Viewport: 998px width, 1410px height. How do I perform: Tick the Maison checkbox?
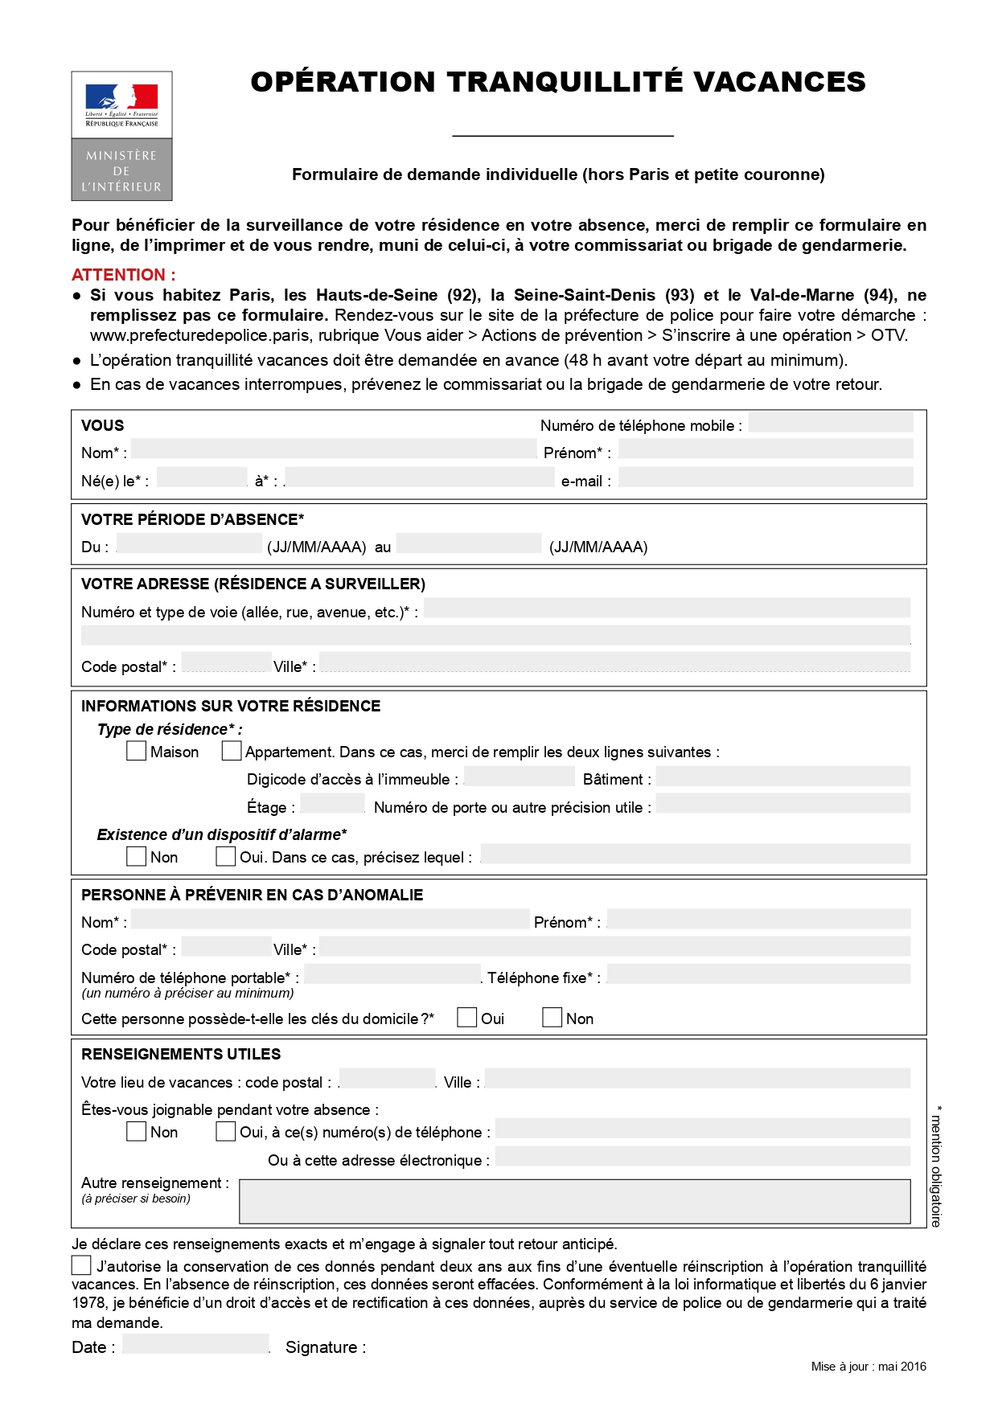point(137,751)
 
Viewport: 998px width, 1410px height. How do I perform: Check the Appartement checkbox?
point(232,751)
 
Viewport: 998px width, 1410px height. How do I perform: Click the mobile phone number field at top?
point(830,423)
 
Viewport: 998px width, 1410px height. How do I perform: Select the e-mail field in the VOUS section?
point(766,478)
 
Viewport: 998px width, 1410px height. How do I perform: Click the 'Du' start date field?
point(190,544)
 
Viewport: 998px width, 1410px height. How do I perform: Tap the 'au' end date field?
point(469,544)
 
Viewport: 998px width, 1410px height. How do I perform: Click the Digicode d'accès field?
point(520,777)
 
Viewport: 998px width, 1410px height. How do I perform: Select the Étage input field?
point(332,804)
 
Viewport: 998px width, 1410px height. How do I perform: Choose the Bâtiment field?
point(783,777)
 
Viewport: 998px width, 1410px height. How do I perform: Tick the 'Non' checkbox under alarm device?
point(137,856)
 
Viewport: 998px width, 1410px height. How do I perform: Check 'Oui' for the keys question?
point(467,1017)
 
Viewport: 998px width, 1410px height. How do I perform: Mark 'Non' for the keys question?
point(552,1017)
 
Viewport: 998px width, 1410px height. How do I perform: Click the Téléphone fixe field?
point(759,974)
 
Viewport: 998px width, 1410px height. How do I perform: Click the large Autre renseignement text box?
point(574,1201)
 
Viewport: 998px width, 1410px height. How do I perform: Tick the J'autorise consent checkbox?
point(81,1265)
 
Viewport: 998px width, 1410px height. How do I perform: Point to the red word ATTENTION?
point(123,275)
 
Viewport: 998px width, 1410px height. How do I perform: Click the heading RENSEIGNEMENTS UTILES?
point(181,1054)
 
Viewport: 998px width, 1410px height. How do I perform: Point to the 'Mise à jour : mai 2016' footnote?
point(869,1367)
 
